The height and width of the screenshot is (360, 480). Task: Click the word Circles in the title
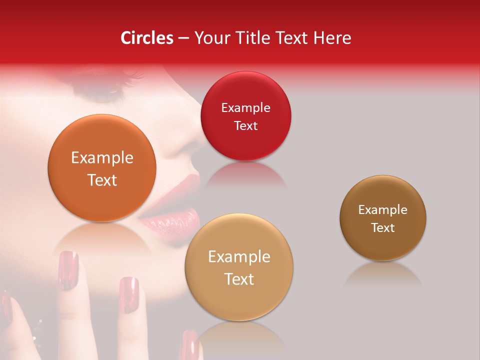(x=146, y=38)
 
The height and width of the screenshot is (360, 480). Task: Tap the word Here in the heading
(x=332, y=38)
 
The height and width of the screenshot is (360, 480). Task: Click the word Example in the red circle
(x=245, y=108)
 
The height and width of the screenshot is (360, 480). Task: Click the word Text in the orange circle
(x=102, y=180)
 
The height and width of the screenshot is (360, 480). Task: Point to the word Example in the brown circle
(x=383, y=210)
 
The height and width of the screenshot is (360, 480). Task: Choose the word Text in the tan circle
(x=239, y=279)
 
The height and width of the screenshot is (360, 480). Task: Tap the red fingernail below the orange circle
(x=68, y=270)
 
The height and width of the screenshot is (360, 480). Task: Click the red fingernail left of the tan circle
(x=128, y=295)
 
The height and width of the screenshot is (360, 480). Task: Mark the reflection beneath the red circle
(x=245, y=175)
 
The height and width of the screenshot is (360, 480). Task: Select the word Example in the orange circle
(x=102, y=158)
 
